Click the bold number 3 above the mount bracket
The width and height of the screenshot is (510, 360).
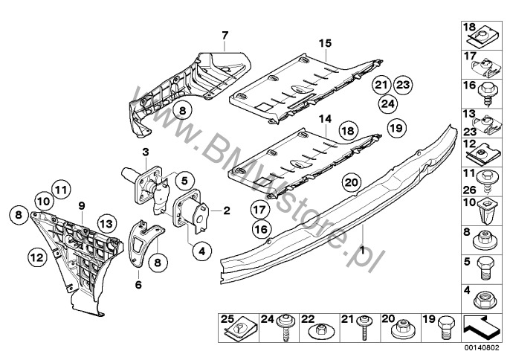click(146, 152)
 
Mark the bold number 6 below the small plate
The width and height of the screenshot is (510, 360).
click(138, 284)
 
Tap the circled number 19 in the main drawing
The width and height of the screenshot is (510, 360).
click(396, 128)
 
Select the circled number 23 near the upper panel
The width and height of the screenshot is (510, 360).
click(402, 84)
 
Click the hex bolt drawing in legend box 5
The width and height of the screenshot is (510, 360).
click(483, 266)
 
